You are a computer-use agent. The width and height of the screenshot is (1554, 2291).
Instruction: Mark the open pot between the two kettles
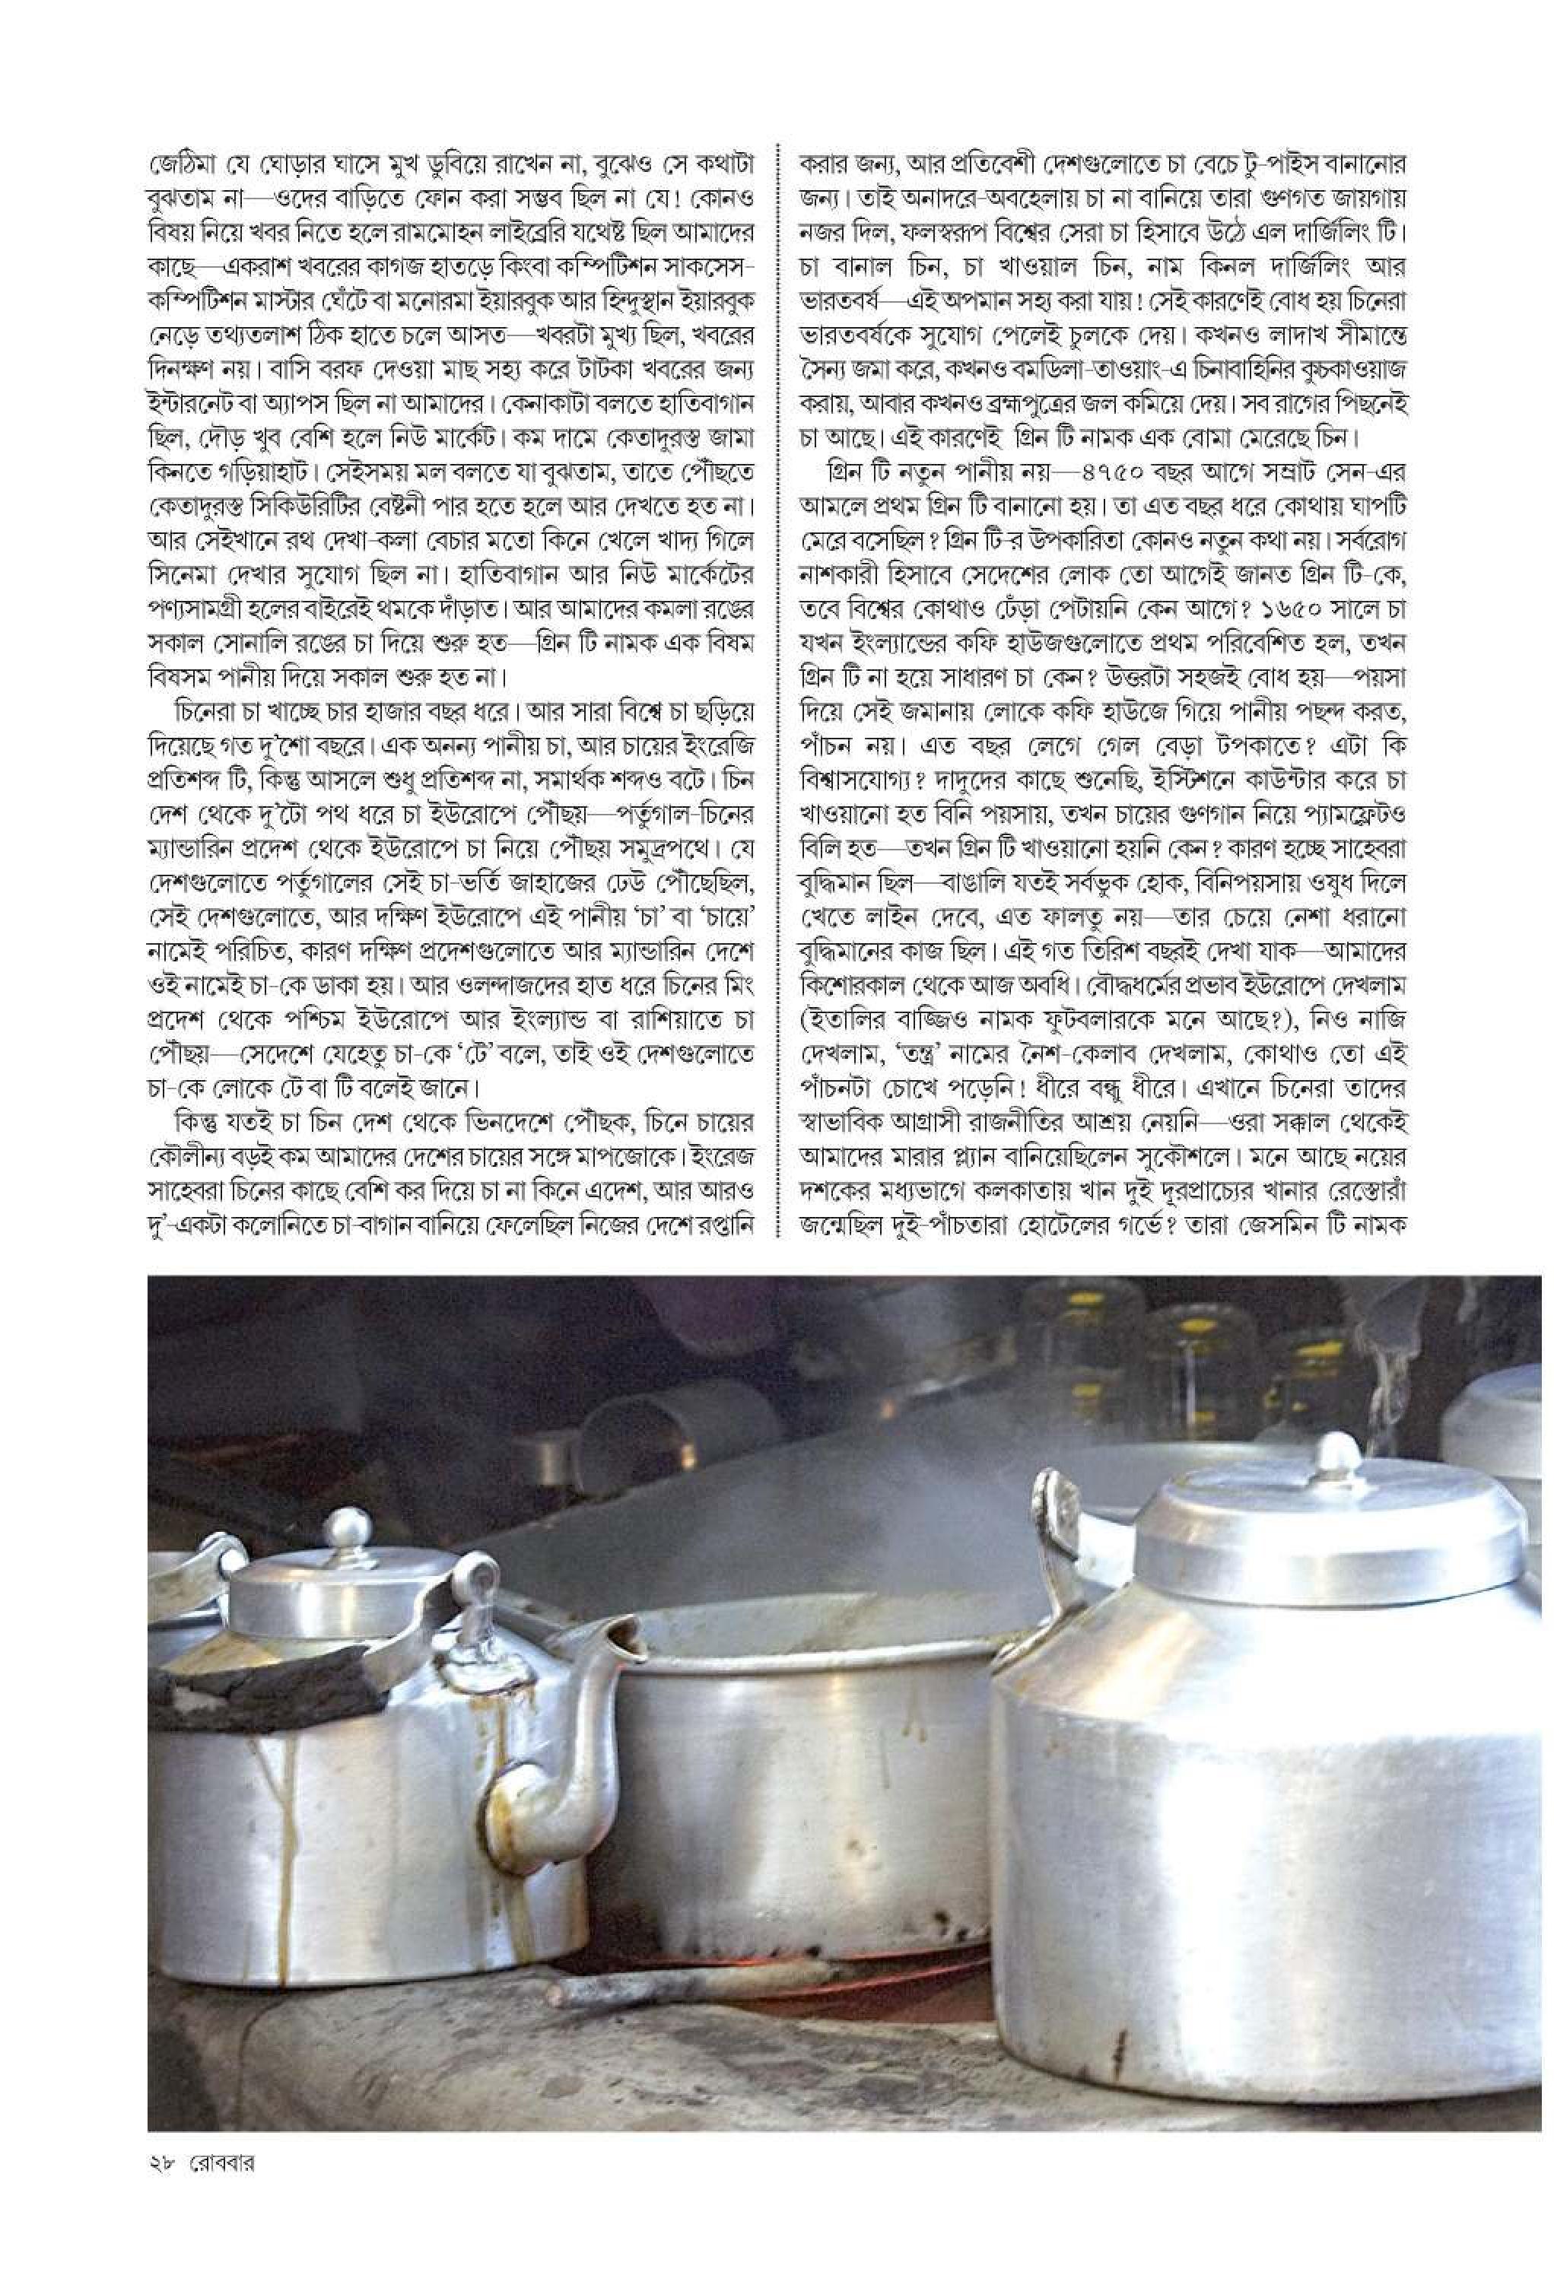(x=799, y=1775)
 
